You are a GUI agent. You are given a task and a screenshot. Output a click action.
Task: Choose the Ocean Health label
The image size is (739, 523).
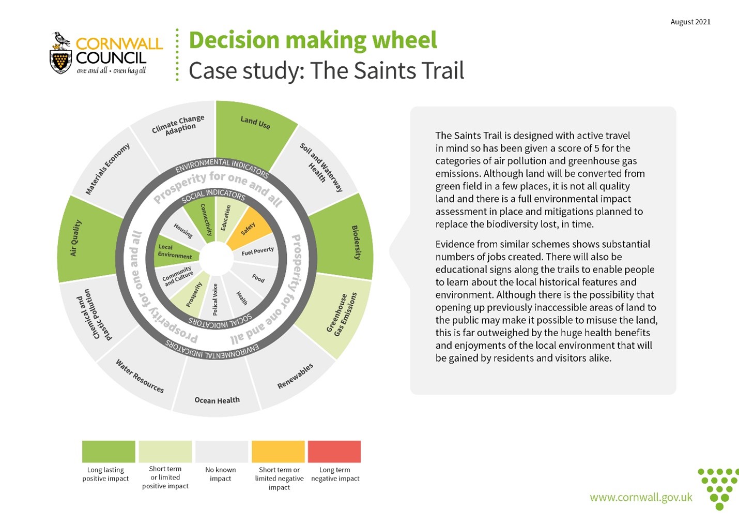click(217, 400)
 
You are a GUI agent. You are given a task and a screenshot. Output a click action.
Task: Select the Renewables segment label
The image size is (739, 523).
click(295, 376)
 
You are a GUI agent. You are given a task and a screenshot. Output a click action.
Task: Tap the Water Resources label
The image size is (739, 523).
click(140, 377)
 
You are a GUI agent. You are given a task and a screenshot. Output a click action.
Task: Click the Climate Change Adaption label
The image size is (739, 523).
click(179, 125)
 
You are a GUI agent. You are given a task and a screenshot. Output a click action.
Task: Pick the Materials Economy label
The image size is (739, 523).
click(107, 169)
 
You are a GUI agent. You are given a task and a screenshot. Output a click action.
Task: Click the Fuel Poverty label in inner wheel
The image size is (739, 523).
click(257, 251)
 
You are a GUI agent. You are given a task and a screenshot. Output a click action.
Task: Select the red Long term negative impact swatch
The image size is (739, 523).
click(334, 451)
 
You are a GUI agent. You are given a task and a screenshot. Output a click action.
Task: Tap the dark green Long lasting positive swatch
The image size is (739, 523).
click(109, 451)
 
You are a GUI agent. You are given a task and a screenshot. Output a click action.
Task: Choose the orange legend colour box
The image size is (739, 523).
click(278, 451)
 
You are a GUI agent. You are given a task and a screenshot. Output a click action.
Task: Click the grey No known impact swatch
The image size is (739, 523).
click(222, 451)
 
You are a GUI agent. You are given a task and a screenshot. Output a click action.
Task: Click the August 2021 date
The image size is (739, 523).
click(690, 22)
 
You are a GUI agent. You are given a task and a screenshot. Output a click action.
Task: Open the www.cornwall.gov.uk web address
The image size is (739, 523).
click(641, 497)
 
